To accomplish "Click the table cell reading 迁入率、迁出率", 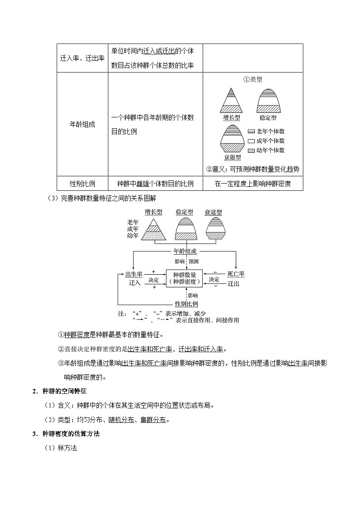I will [82, 58].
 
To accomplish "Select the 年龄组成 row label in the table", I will [82, 125].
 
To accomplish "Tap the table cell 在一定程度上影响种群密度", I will [253, 184].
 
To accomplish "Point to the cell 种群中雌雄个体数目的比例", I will [155, 184].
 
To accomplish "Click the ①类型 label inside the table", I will [253, 79].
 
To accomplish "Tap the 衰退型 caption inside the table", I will [232, 157].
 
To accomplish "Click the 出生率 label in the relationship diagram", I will [134, 274].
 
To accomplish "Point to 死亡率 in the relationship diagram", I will [236, 274].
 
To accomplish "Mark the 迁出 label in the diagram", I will [233, 283].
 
